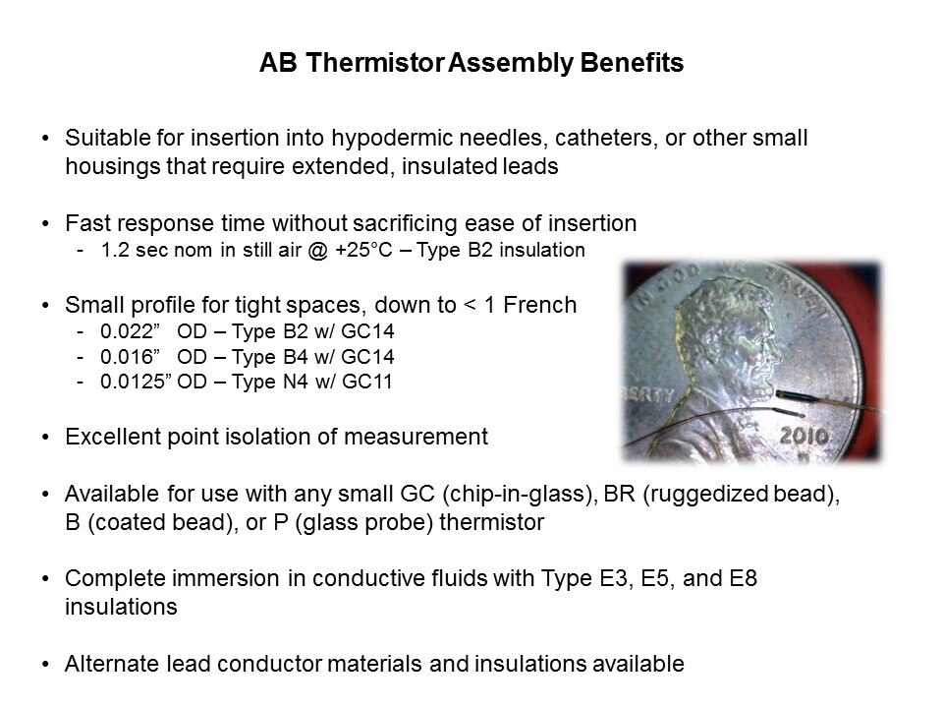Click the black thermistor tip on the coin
(790, 398)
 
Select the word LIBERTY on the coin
(653, 395)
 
